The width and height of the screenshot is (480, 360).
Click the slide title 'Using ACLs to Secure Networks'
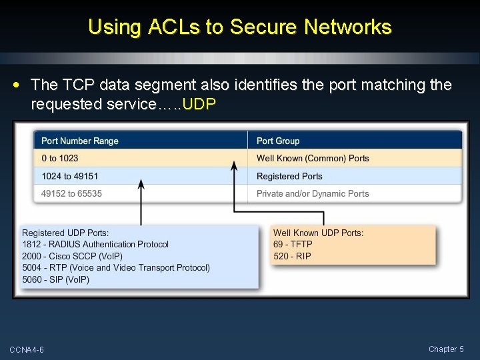click(239, 27)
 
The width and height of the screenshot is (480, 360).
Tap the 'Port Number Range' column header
click(79, 141)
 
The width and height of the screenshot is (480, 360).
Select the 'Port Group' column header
click(278, 141)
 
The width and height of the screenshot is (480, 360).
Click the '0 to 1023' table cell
click(59, 159)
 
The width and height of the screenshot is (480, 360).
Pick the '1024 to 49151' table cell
click(69, 177)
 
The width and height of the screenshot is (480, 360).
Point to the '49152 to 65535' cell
click(71, 194)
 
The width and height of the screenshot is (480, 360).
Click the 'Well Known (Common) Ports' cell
click(313, 159)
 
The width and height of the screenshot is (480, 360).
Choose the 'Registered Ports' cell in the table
click(289, 177)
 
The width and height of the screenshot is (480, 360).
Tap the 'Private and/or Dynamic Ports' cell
click(313, 194)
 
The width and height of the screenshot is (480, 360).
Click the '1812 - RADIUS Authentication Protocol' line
click(95, 245)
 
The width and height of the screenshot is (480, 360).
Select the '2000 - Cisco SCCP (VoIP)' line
click(72, 256)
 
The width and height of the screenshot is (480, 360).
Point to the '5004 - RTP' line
click(116, 268)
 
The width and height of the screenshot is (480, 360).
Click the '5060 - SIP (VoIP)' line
click(55, 279)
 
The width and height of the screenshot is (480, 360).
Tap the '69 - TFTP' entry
click(293, 245)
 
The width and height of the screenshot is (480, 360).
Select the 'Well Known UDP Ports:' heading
click(318, 233)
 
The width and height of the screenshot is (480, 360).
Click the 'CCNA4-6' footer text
click(27, 350)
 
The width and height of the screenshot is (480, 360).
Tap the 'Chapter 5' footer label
click(446, 349)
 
